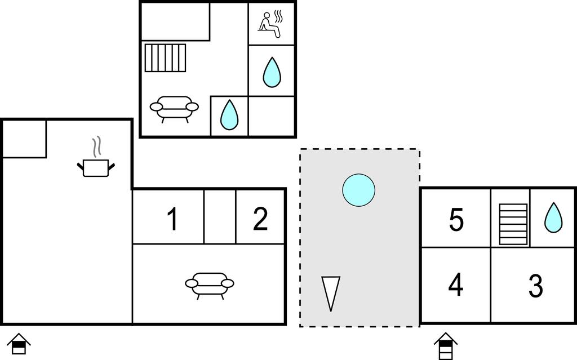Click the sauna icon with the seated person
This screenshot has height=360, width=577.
pyautogui.click(x=270, y=24)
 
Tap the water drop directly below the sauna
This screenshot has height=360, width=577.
pyautogui.click(x=272, y=72)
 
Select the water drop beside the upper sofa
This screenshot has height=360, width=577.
pyautogui.click(x=229, y=114)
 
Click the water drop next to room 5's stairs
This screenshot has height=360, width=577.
pyautogui.click(x=553, y=217)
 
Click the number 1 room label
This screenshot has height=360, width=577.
pyautogui.click(x=172, y=219)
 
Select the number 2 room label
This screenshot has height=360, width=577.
pyautogui.click(x=260, y=219)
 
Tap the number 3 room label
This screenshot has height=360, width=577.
pyautogui.click(x=535, y=286)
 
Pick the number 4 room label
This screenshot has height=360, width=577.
pyautogui.click(x=456, y=285)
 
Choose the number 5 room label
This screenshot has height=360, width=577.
pyautogui.click(x=456, y=220)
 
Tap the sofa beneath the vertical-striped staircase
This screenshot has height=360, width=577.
pyautogui.click(x=174, y=108)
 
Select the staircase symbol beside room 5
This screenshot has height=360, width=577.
pyautogui.click(x=513, y=224)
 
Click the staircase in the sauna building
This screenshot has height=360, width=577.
pyautogui.click(x=165, y=58)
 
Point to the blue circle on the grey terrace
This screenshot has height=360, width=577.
pyautogui.click(x=358, y=190)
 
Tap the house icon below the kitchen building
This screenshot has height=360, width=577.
pyautogui.click(x=19, y=343)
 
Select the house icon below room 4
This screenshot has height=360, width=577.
pyautogui.click(x=446, y=345)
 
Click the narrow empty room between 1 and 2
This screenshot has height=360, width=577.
pyautogui.click(x=220, y=216)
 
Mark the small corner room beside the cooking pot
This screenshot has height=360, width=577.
pyautogui.click(x=24, y=139)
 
